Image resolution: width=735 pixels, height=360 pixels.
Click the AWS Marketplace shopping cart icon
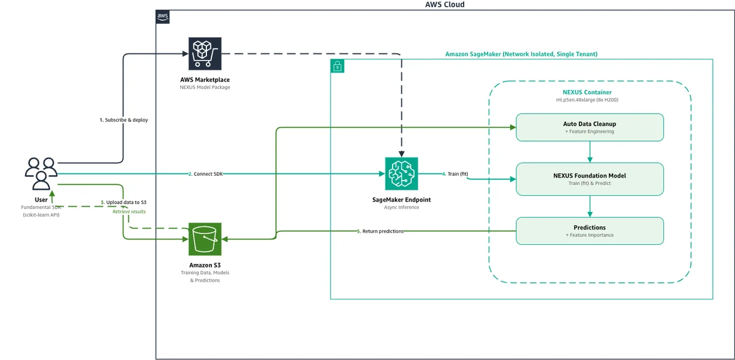pos(205,53)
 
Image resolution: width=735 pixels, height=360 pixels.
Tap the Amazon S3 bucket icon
pos(205,239)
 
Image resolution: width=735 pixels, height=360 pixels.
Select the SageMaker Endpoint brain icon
pos(401,173)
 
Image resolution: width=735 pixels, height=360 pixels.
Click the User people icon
pos(41,174)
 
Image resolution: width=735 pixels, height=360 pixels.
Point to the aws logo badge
pos(162,17)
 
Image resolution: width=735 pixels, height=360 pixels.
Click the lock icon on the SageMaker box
pos(337,66)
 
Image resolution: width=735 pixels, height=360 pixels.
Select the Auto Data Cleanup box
pos(590,127)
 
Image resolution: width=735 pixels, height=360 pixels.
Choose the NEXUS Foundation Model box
pos(590,179)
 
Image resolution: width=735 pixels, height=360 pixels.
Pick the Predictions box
pos(590,231)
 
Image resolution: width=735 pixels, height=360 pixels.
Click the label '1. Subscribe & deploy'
pos(124,120)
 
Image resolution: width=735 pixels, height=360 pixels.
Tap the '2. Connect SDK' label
pos(205,174)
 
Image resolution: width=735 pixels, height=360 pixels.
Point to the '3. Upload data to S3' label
pos(123,202)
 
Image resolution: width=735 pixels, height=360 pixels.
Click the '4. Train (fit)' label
pos(455,174)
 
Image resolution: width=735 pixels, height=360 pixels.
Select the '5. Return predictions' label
pos(380,231)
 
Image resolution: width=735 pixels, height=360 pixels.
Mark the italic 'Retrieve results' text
pos(129,212)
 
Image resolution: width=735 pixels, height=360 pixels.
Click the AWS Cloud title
pos(445,4)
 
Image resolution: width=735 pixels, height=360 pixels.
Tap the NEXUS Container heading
pos(587,92)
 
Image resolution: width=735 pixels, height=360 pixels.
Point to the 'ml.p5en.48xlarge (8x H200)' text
pos(587,100)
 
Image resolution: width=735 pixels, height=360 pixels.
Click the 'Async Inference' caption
pos(401,207)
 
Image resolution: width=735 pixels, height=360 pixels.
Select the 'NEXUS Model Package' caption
pos(205,87)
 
